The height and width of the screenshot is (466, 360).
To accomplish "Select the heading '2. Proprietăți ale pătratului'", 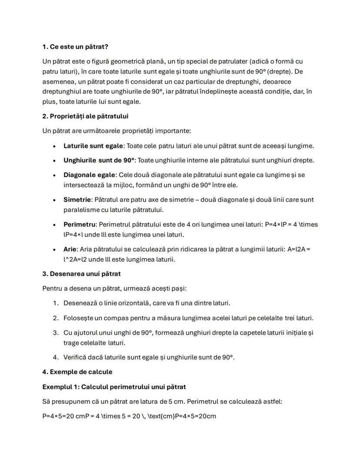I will [x=85, y=116].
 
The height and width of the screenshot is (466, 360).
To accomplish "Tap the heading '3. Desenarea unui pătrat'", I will [x=81, y=274].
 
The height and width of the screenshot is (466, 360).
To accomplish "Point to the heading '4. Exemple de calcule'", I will [x=77, y=372].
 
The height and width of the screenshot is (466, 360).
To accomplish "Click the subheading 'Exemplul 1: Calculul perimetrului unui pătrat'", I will [x=114, y=386].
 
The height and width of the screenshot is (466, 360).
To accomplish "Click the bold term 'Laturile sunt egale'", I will [x=93, y=146].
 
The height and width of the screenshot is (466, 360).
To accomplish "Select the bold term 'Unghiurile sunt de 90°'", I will [x=99, y=160].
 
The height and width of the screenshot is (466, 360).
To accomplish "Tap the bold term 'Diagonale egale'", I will [x=90, y=174].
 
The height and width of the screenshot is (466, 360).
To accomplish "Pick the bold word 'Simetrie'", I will [x=77, y=199].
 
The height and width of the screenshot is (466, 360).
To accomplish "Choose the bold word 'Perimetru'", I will [x=80, y=225].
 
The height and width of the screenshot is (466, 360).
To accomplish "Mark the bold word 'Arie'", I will [x=70, y=249].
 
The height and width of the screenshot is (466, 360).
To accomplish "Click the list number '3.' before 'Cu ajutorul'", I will [x=56, y=332].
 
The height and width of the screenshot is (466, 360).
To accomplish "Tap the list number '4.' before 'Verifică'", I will [x=56, y=357].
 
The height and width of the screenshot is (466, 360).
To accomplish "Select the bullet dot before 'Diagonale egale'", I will [x=54, y=175].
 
